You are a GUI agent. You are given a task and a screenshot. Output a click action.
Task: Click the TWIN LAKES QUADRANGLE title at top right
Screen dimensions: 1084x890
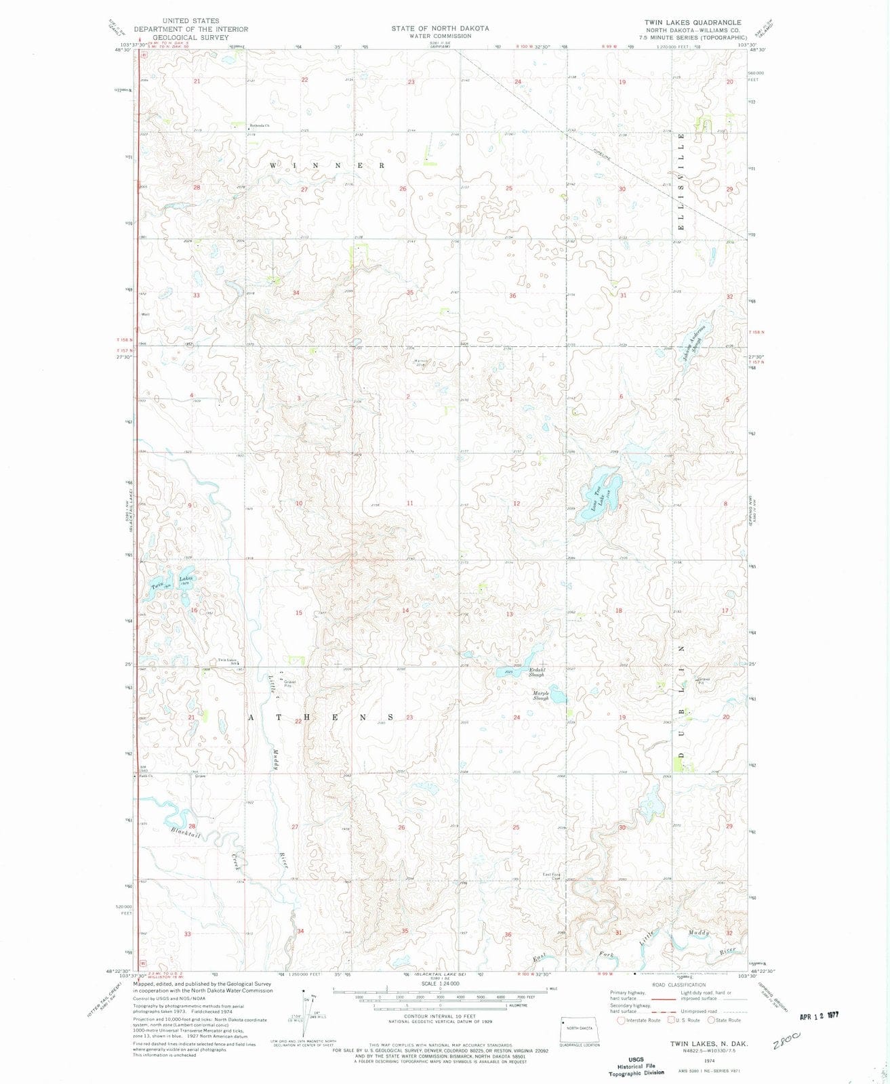click(x=693, y=22)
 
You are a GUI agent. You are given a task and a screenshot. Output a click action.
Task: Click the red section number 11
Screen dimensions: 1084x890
click(x=409, y=503)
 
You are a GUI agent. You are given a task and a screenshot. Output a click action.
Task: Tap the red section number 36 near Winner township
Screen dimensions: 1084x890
click(x=512, y=296)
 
